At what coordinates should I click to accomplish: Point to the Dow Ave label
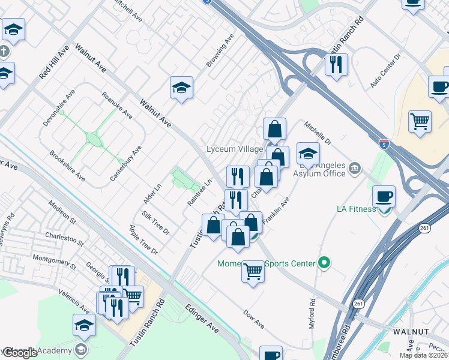tap(254, 319)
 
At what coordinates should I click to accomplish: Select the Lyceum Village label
tap(235, 149)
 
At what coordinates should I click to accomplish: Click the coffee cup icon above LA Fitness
tap(384, 196)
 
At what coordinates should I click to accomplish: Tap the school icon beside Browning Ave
tap(181, 88)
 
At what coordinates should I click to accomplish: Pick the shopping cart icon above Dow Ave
tap(253, 272)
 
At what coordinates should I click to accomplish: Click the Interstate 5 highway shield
tap(384, 144)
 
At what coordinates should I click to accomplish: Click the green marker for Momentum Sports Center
tap(325, 263)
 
